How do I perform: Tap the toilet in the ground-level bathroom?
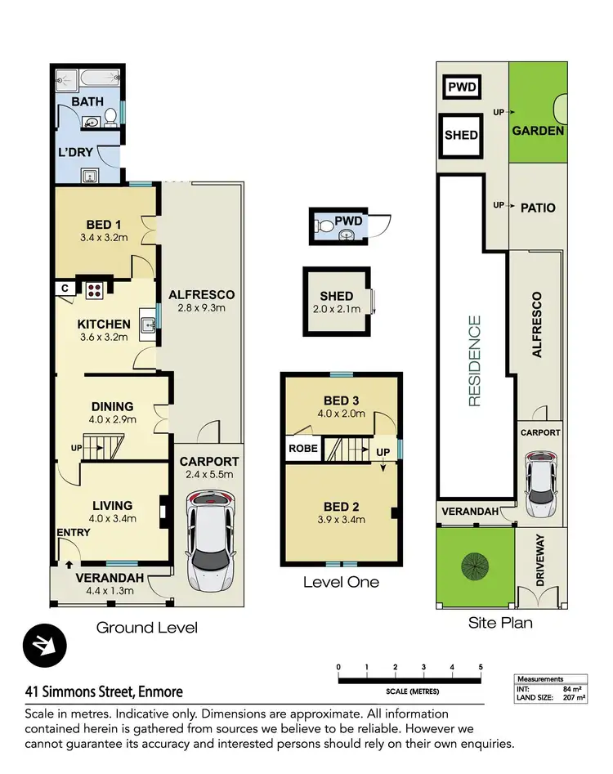pyautogui.click(x=110, y=123)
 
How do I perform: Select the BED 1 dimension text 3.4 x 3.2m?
pyautogui.click(x=104, y=238)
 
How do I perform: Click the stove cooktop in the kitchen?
pyautogui.click(x=92, y=288)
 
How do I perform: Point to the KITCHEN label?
pyautogui.click(x=104, y=324)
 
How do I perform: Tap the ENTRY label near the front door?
pyautogui.click(x=74, y=532)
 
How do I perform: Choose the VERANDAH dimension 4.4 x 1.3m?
pyautogui.click(x=105, y=592)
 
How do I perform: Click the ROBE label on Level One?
pyautogui.click(x=302, y=448)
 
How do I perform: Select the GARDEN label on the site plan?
pyautogui.click(x=538, y=130)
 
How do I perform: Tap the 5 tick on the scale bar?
pyautogui.click(x=481, y=668)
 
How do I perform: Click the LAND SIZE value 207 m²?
pyautogui.click(x=575, y=697)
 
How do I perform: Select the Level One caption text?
pyautogui.click(x=341, y=582)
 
